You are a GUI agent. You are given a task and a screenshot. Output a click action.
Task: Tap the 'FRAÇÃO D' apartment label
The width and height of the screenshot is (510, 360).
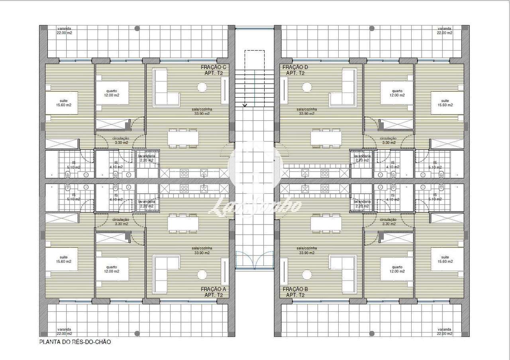click(295, 67)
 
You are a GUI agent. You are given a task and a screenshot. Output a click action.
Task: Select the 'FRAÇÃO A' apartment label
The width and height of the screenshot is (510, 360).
click(214, 289)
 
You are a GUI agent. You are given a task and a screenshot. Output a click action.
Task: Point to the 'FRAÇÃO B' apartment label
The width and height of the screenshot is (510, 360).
click(295, 289)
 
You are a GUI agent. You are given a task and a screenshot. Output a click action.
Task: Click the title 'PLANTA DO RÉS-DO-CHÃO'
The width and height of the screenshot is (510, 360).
click(75, 342)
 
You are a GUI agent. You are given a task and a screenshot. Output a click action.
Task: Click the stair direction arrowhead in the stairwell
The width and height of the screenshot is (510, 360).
click(245, 105)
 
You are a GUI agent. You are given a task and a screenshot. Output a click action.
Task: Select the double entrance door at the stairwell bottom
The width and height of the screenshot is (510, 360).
click(254, 261)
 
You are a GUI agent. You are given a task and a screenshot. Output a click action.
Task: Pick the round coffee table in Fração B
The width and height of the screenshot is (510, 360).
click(307, 275)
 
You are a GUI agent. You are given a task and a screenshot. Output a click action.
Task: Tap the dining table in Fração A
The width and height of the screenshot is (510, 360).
click(183, 223)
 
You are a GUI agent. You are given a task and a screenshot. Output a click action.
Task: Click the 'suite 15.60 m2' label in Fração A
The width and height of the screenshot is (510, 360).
click(64, 259)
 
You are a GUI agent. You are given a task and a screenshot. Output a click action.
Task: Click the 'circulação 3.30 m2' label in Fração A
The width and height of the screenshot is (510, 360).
click(120, 221)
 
